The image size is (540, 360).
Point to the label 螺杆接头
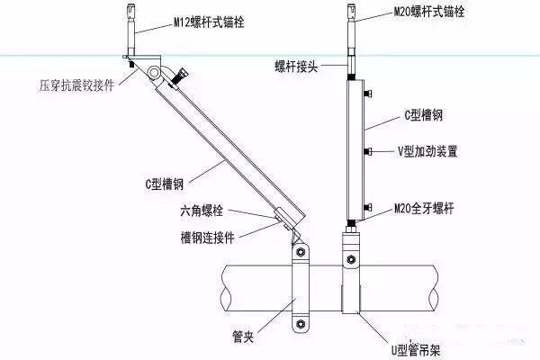(x=296, y=66)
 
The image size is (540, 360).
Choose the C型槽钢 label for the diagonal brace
(x=164, y=184)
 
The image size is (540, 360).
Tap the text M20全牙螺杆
(x=424, y=209)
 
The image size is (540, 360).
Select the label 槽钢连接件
(x=209, y=237)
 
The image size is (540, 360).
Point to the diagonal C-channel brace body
(x=220, y=148)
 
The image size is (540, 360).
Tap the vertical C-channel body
(x=352, y=148)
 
